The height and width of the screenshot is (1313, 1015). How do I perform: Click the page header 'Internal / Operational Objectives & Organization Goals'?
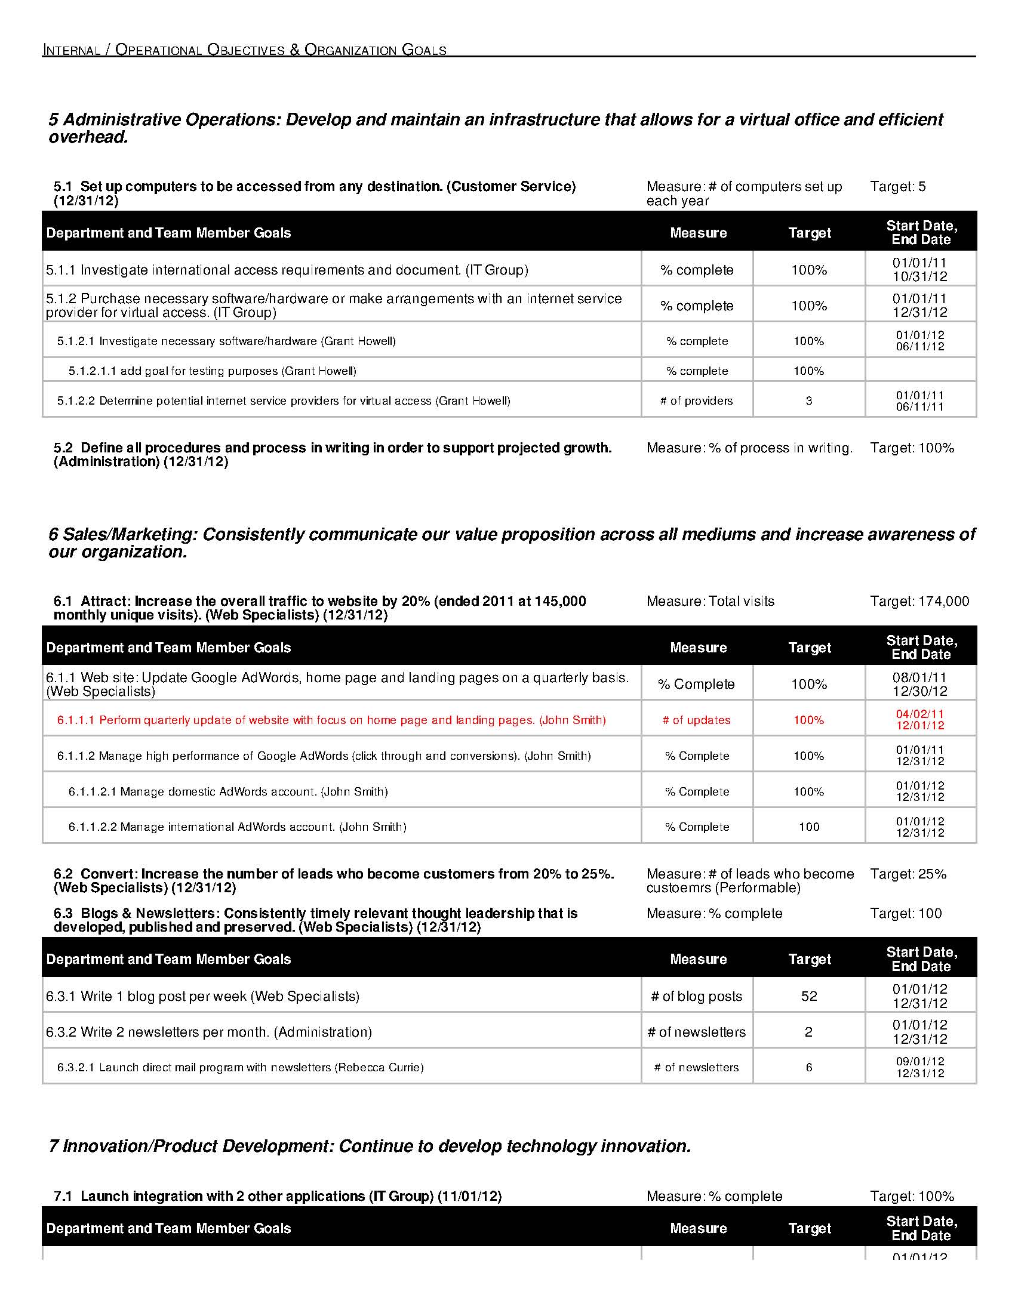(x=244, y=50)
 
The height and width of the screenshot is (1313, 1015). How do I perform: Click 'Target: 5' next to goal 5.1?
(x=897, y=187)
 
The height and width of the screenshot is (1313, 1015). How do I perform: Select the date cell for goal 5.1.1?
(x=919, y=270)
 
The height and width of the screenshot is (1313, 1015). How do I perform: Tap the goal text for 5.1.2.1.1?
(x=213, y=371)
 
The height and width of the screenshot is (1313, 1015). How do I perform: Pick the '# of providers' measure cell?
(x=696, y=401)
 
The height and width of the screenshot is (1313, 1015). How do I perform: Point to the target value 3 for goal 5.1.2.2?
(x=809, y=401)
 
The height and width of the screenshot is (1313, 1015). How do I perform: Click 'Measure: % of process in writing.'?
(x=749, y=448)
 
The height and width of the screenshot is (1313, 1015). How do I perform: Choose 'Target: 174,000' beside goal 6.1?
(x=919, y=602)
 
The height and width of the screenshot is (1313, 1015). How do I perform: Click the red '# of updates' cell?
(x=696, y=720)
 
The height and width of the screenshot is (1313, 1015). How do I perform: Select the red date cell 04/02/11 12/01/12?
(x=919, y=720)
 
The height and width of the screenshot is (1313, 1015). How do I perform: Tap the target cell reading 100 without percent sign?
(x=809, y=827)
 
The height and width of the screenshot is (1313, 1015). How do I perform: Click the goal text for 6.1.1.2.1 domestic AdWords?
(x=228, y=792)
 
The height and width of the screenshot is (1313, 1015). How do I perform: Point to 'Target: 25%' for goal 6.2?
(x=908, y=874)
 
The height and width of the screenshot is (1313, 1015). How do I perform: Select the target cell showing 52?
(x=809, y=996)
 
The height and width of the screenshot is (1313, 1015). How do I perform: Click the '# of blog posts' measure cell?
(x=696, y=996)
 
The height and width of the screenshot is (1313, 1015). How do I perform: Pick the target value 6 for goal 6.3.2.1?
(x=809, y=1068)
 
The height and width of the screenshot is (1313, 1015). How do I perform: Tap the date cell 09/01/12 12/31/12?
(x=919, y=1068)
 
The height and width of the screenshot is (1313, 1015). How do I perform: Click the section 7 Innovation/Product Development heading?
(x=370, y=1146)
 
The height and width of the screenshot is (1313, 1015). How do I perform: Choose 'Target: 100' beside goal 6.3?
(x=906, y=914)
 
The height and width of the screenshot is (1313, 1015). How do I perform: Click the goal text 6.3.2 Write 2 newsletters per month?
(x=208, y=1032)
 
